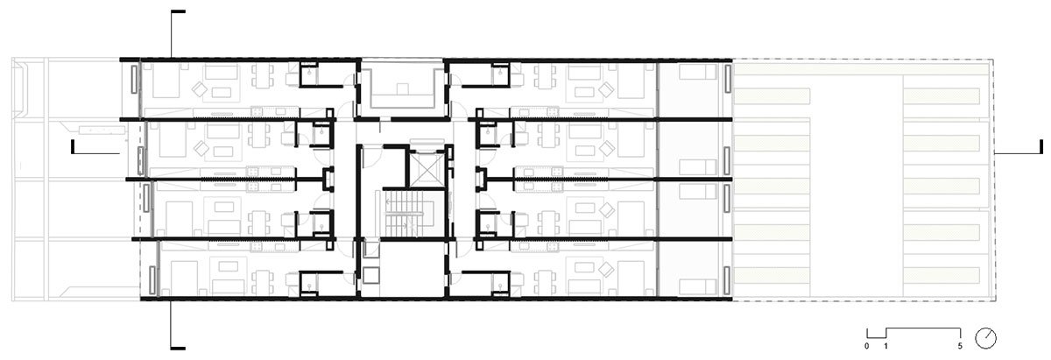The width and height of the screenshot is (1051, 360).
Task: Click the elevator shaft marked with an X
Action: [x=427, y=168]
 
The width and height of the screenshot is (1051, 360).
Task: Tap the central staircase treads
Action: [x=404, y=214]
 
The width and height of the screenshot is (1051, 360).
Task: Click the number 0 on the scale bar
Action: [x=866, y=346]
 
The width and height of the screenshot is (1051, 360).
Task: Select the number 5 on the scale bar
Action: [x=960, y=346]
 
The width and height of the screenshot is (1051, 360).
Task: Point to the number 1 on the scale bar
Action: [x=885, y=346]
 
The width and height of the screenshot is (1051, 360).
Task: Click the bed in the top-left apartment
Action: [x=166, y=81]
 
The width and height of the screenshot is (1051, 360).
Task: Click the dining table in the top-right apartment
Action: [x=544, y=75]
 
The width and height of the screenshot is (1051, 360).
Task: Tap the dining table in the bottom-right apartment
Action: [x=544, y=282]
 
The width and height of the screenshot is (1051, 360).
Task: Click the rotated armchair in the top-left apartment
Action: [x=201, y=89]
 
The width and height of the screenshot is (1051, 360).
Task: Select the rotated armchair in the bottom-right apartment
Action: [x=606, y=269]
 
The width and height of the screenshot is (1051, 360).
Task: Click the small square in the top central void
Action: [x=402, y=88]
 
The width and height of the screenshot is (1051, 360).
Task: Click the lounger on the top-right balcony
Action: [x=698, y=72]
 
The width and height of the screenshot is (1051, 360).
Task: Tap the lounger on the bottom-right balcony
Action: [x=698, y=287]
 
